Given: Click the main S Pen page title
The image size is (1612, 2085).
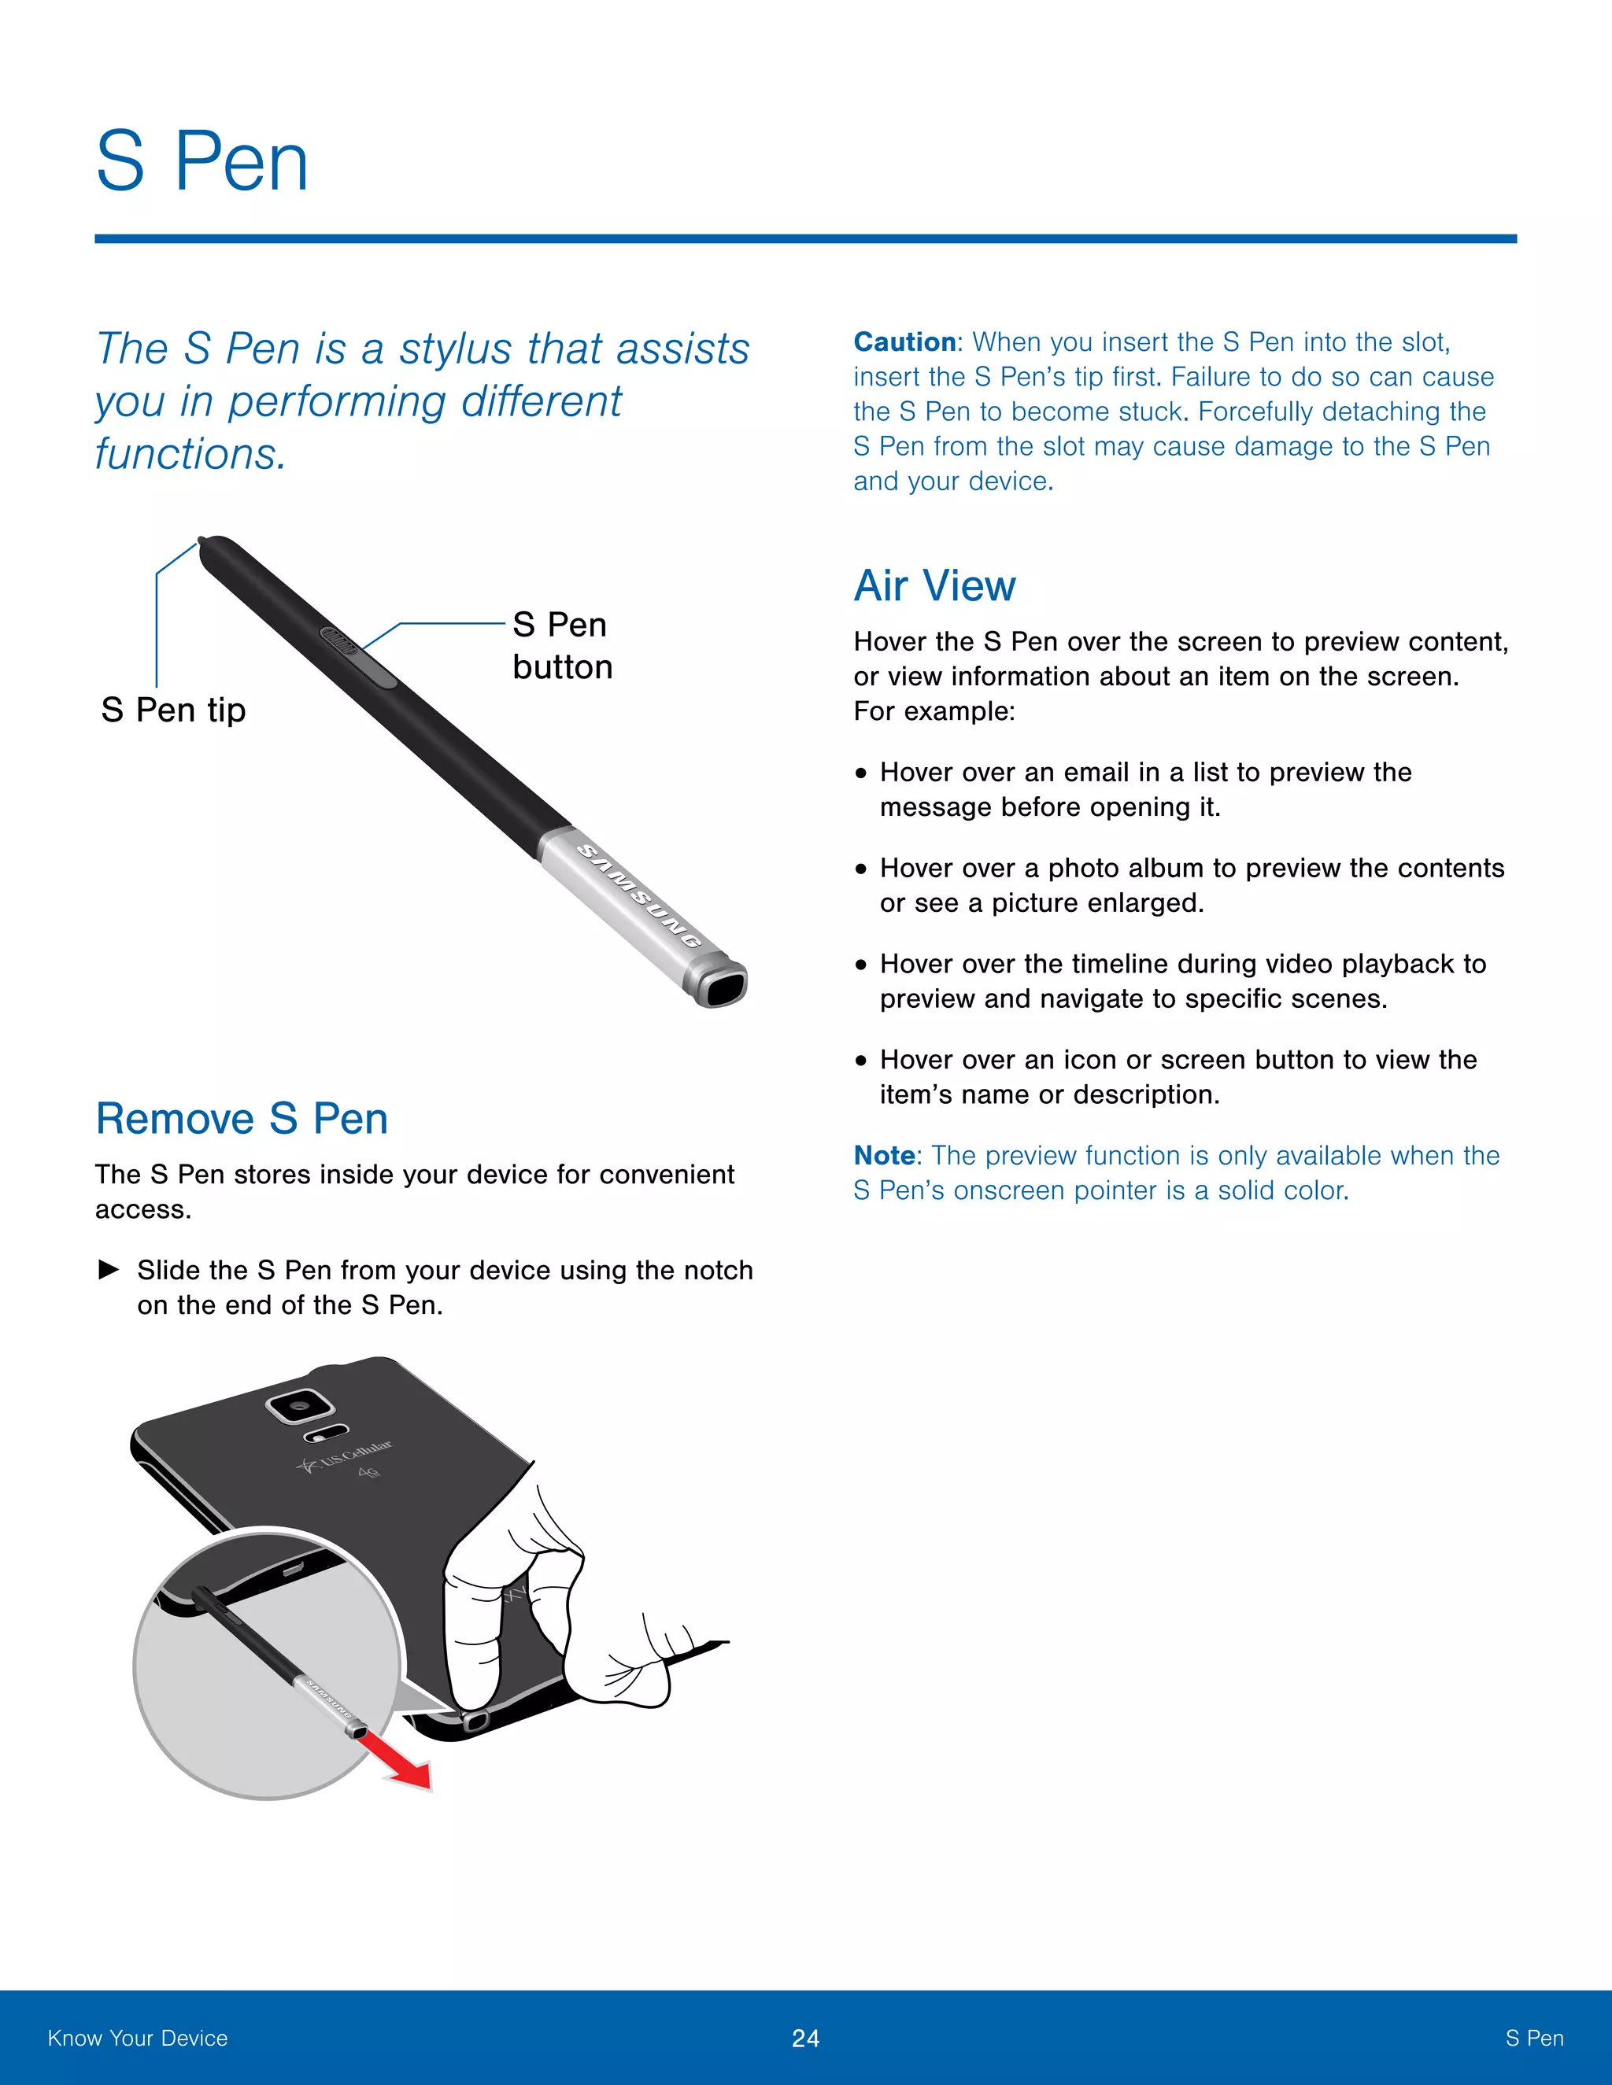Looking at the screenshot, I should (x=202, y=162).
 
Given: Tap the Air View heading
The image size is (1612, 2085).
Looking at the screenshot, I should (x=934, y=585).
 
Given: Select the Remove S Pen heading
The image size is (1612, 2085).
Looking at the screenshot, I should (x=242, y=1118).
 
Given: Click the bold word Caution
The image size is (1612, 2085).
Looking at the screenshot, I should (x=904, y=341).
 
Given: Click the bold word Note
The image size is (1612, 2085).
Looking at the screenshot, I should (x=884, y=1155).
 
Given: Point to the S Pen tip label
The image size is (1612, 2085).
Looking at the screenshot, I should (x=174, y=710).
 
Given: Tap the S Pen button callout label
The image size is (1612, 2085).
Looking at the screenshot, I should (x=560, y=645).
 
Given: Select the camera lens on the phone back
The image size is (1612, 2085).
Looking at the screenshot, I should (x=300, y=1405).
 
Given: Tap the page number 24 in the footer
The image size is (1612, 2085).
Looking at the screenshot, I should (x=805, y=2039).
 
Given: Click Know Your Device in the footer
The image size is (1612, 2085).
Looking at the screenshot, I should (x=138, y=2039).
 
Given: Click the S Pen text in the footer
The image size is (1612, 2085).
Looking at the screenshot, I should (x=1534, y=2039).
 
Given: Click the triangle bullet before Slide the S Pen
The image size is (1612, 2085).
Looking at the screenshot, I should (x=109, y=1269).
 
